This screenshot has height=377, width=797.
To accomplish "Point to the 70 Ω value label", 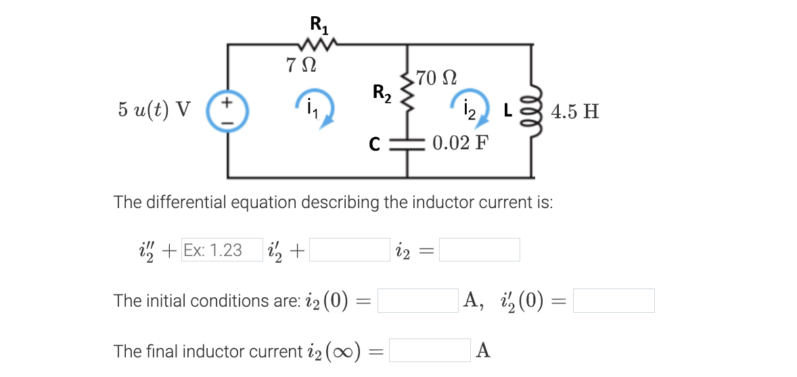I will coord(436,77).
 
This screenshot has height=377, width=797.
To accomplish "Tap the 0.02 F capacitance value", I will coord(459,144).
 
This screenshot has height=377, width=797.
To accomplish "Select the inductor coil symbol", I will coord(532,111).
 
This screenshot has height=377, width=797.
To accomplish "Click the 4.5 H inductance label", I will coord(575,111).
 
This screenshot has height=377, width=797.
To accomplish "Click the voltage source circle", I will coord(227,111).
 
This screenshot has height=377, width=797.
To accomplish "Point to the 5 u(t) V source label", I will coord(154,109).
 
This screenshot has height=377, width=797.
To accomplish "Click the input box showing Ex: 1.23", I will coord(221,250).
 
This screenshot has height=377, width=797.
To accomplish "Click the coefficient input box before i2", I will coord(350,250).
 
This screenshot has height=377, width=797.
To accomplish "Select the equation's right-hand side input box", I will coord(480,250).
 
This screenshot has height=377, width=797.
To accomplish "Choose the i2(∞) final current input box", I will coord(430,351).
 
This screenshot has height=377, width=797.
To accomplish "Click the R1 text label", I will coord(319,24).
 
